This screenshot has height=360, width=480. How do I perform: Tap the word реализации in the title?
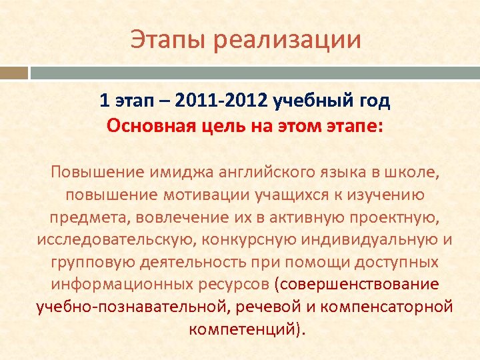click(x=287, y=39)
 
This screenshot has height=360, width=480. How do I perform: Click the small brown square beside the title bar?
click(x=13, y=73)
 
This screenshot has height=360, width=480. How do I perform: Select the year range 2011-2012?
click(x=223, y=101)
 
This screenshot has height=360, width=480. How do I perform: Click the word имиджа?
click(x=169, y=173)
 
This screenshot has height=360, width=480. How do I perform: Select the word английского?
click(x=251, y=173)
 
